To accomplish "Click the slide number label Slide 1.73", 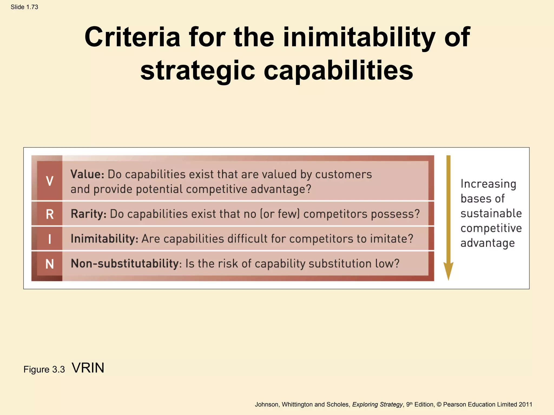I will (24, 7).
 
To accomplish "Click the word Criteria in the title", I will (132, 37).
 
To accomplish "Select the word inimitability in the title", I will (359, 37).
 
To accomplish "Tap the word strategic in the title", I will (198, 70).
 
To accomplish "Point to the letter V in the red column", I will (50, 181).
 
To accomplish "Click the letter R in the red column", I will (50, 214).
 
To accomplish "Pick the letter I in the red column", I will (50, 239).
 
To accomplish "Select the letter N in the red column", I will (50, 264).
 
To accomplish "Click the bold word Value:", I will (87, 174).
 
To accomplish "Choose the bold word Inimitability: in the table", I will (104, 239).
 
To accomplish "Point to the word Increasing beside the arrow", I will (488, 184).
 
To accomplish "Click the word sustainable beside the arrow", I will (491, 213).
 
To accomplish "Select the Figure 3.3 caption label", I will (44, 369).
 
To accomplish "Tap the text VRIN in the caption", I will (88, 368).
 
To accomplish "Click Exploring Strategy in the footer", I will (377, 404).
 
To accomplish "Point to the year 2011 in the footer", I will (525, 404).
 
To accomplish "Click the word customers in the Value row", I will (343, 175).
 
